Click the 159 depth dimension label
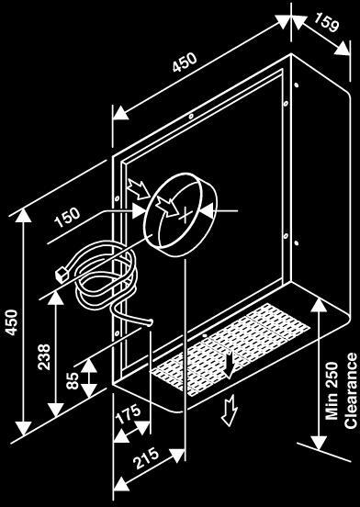pyautogui.click(x=326, y=23)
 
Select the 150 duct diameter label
pyautogui.click(x=67, y=218)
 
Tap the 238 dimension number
pyautogui.click(x=44, y=356)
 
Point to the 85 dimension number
pyautogui.click(x=73, y=380)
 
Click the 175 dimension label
pyautogui.click(x=129, y=414)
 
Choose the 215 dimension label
pyautogui.click(x=147, y=457)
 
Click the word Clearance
pyautogui.click(x=351, y=391)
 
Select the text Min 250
pyautogui.click(x=332, y=391)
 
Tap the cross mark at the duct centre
pyautogui.click(x=186, y=216)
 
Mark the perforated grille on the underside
pyautogui.click(x=230, y=349)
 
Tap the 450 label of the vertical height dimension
pyautogui.click(x=12, y=322)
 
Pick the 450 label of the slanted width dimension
pyautogui.click(x=185, y=62)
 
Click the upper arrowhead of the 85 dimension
pyautogui.click(x=88, y=366)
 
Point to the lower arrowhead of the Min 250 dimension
pyautogui.click(x=319, y=442)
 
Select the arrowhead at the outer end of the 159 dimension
pyautogui.click(x=343, y=50)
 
